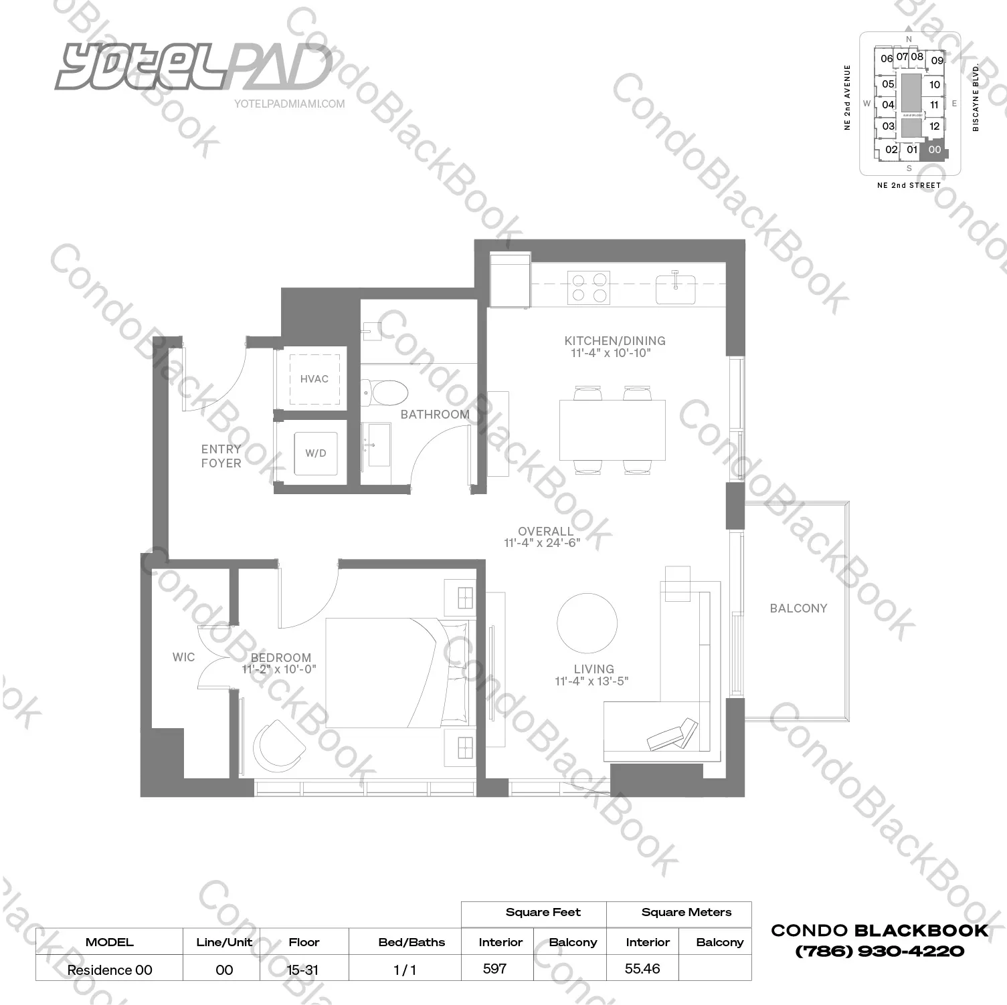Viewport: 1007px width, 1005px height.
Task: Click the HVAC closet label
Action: (x=314, y=379)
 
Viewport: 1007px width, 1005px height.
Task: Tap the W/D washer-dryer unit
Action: (x=316, y=453)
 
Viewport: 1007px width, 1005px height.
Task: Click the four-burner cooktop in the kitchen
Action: (x=588, y=287)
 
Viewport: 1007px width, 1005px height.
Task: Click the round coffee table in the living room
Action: (x=587, y=623)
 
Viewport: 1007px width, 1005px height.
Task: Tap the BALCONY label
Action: (x=798, y=608)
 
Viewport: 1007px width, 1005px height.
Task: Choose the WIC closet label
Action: (x=183, y=657)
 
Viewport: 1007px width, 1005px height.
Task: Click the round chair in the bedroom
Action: (x=277, y=744)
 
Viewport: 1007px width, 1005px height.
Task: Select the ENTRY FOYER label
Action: (x=221, y=456)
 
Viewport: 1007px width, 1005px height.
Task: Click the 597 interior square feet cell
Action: (x=495, y=968)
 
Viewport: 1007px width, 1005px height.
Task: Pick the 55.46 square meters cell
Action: (x=642, y=968)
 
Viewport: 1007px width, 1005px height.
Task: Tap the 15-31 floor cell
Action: (x=303, y=970)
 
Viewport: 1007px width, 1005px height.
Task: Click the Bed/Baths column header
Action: (x=411, y=942)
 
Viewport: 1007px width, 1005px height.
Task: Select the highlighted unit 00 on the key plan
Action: (x=934, y=150)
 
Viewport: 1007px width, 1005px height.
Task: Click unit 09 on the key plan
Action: (x=937, y=60)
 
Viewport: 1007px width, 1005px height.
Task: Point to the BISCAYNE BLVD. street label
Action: (x=976, y=98)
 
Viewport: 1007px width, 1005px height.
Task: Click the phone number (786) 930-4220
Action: (x=879, y=951)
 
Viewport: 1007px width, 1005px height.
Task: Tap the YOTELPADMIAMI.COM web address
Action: (x=290, y=104)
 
